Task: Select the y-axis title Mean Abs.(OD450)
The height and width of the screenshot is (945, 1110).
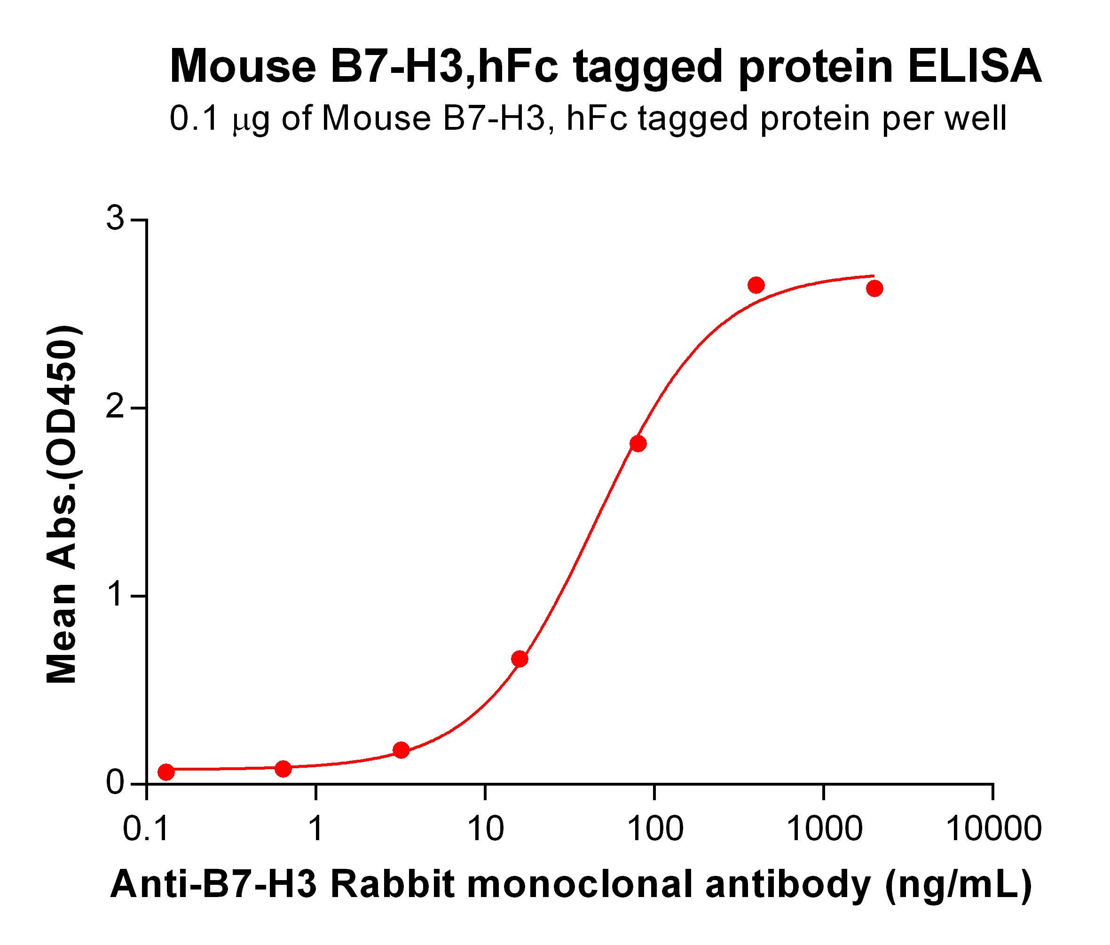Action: [63, 504]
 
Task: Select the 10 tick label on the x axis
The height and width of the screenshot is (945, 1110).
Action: [485, 829]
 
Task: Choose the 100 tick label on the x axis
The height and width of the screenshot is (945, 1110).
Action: [654, 829]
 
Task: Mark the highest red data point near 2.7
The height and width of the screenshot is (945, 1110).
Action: [756, 285]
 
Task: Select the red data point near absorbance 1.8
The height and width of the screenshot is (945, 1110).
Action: [638, 443]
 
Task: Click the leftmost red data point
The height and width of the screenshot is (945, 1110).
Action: [166, 772]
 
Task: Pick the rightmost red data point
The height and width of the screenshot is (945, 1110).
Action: [874, 289]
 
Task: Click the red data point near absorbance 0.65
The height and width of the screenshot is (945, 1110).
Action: [520, 659]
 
